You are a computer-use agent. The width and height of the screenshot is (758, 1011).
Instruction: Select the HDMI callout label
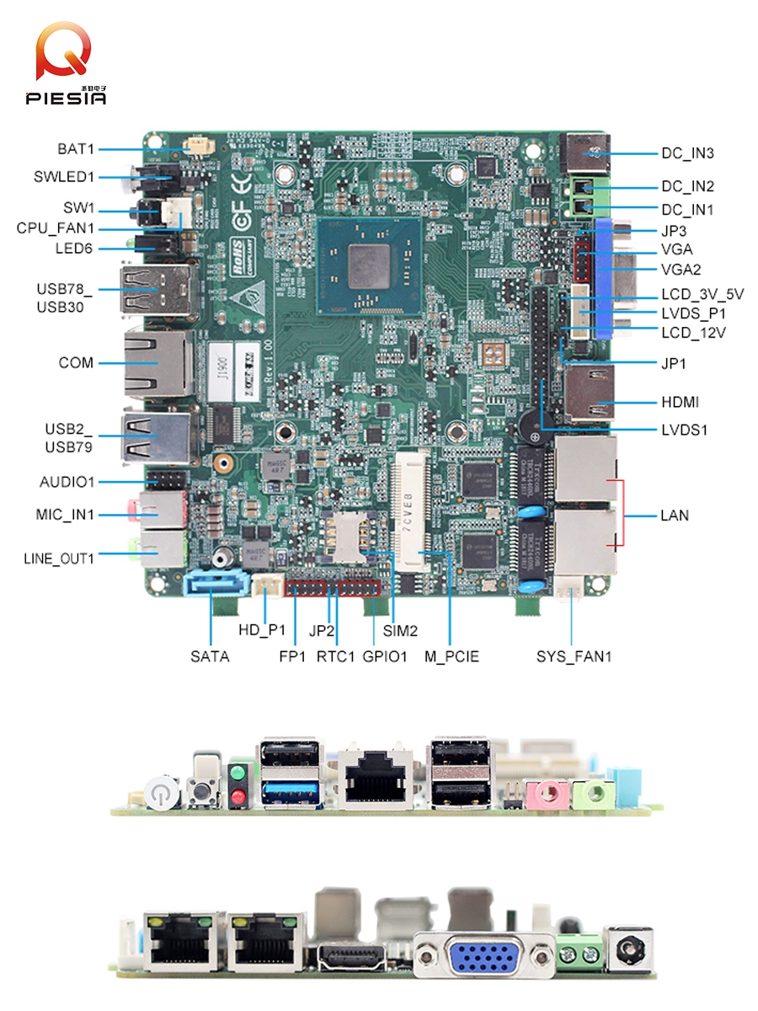[680, 403]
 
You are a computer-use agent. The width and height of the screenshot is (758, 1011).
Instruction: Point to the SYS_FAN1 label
[574, 656]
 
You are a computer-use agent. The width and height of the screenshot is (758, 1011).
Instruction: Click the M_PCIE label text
[451, 656]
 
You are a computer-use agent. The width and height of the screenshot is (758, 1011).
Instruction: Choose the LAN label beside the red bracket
[674, 515]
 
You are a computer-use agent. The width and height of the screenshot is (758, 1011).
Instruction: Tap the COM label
[76, 363]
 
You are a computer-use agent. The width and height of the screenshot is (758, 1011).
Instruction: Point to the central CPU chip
[369, 266]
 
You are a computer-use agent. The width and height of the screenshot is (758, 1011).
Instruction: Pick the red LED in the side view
[238, 796]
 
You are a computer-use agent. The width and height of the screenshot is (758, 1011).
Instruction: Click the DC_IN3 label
[687, 153]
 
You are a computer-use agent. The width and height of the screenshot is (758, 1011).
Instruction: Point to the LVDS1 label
[685, 430]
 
